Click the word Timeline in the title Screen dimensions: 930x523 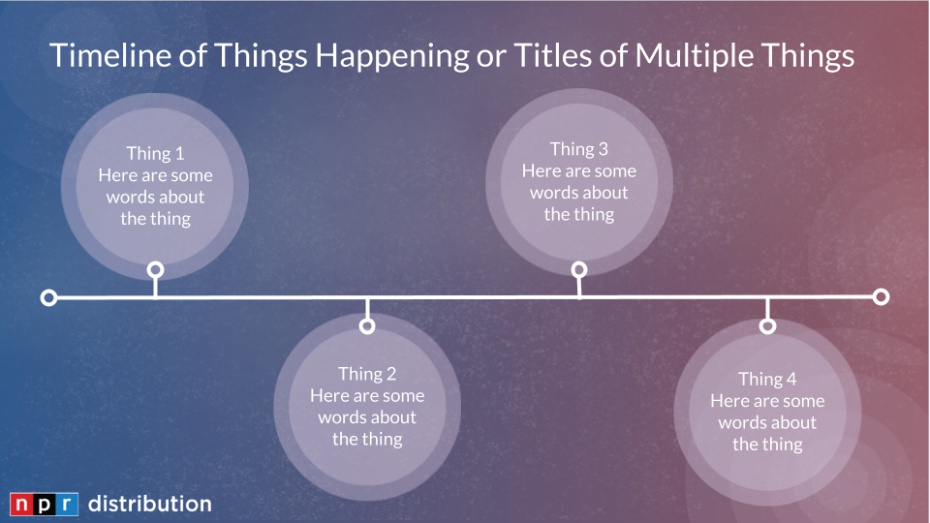point(128,55)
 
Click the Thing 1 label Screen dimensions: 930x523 point(155,154)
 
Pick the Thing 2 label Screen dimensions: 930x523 point(367,374)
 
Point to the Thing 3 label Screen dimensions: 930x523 point(579,149)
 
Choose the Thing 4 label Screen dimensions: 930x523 point(767,379)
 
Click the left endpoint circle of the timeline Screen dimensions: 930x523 point(48,297)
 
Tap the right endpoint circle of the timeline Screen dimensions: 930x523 point(881,296)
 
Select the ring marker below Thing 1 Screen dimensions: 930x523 point(155,270)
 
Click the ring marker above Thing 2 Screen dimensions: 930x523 point(367,325)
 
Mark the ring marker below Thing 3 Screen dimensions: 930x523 point(579,270)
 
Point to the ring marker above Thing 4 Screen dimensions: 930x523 point(767,325)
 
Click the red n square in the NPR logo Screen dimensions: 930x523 point(20,504)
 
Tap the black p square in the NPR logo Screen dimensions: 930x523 point(44,504)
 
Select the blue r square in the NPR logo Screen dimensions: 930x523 point(67,504)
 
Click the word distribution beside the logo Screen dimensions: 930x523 point(150,504)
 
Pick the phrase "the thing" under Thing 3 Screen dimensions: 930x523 point(579,214)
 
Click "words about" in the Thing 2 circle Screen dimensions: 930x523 point(367,417)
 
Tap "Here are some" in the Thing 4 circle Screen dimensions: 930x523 point(767,401)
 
